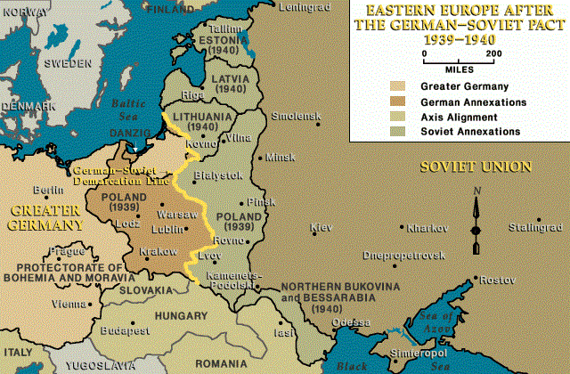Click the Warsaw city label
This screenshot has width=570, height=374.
point(171,215)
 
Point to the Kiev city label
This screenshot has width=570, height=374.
point(321,228)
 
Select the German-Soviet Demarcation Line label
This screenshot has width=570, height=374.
point(112,174)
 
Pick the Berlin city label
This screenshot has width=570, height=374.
point(46,191)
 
